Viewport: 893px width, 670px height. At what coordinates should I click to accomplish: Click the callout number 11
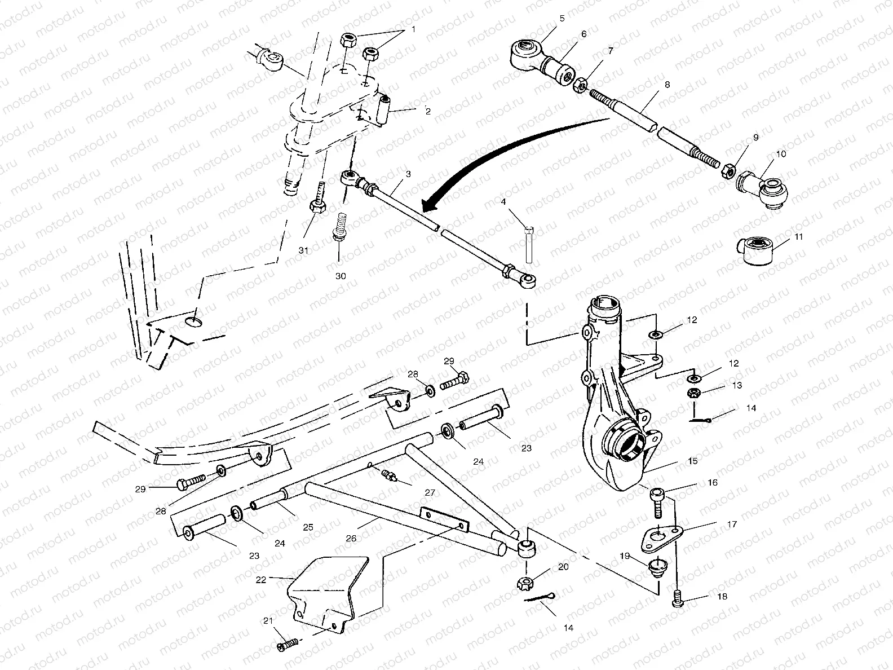(798, 237)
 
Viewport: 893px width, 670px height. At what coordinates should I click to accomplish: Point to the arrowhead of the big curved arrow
(427, 206)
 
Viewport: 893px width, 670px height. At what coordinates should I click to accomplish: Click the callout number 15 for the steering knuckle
(692, 461)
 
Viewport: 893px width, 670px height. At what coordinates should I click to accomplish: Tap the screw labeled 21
(288, 646)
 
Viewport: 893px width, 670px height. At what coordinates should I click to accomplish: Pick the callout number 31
(304, 251)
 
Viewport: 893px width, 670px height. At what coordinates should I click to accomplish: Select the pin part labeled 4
(529, 244)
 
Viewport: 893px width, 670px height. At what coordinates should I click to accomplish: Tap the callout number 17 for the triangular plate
(732, 524)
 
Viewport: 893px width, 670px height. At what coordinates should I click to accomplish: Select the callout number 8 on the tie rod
(667, 85)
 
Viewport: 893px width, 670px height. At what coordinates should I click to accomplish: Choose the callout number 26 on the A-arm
(351, 539)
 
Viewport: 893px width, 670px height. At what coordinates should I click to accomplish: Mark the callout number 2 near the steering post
(428, 112)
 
